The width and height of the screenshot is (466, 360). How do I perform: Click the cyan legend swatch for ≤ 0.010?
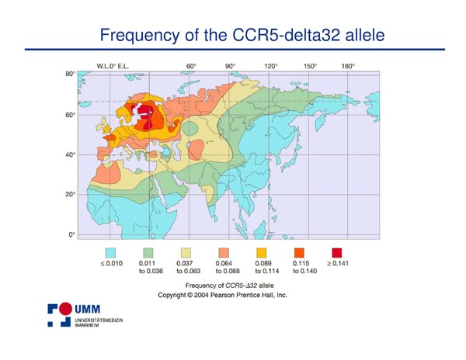(110, 253)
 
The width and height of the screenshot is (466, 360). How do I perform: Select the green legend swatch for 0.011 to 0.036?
(148, 253)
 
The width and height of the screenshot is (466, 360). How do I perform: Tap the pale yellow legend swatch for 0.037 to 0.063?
(186, 253)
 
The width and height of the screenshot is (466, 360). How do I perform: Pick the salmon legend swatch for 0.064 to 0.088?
(224, 253)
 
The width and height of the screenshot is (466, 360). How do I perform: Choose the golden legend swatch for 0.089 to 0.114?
(261, 253)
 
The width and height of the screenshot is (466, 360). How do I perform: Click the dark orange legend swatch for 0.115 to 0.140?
(299, 253)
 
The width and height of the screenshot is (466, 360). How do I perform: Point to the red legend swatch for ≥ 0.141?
(337, 253)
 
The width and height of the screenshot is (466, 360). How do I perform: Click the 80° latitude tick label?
(71, 74)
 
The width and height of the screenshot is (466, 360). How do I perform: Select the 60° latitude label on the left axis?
(71, 115)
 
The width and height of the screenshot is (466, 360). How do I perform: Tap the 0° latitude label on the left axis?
(72, 235)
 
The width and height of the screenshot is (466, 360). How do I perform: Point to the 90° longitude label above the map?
(231, 66)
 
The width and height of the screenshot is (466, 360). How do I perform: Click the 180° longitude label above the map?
(348, 66)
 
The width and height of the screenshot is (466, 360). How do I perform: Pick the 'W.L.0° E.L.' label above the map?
(113, 66)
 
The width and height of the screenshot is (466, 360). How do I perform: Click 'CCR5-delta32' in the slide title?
(286, 35)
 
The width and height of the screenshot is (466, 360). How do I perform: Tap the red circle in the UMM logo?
(65, 309)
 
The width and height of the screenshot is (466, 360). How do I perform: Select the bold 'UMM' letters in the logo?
(87, 310)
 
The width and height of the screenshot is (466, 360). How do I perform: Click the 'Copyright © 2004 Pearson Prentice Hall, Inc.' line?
(222, 296)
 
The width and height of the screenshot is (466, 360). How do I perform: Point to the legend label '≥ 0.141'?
(338, 263)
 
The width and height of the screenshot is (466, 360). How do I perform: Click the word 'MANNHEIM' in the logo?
(87, 325)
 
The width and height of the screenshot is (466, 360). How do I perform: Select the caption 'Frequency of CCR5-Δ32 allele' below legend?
(230, 286)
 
